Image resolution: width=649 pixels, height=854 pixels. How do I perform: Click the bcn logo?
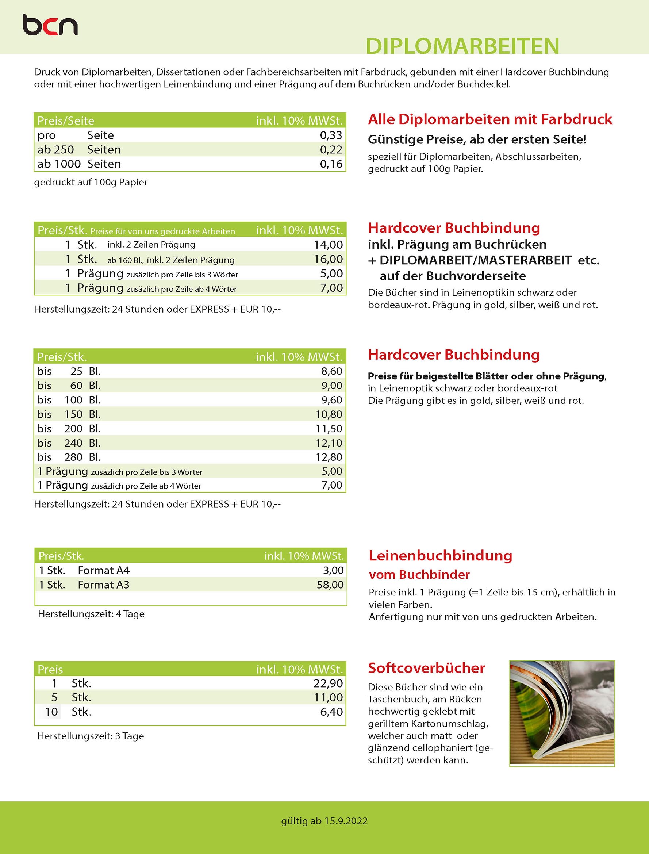tap(50, 25)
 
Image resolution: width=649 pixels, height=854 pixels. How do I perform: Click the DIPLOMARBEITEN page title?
tap(462, 46)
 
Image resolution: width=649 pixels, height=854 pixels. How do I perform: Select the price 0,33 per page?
tap(331, 135)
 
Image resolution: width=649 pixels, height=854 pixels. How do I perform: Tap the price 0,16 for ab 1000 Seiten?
tap(331, 164)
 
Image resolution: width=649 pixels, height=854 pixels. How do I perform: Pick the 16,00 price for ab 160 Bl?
tap(328, 259)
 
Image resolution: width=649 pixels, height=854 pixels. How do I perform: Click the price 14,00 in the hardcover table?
tap(328, 245)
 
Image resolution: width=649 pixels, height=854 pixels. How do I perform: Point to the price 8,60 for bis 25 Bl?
tap(331, 371)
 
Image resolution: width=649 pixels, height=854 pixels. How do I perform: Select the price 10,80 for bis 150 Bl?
tap(329, 414)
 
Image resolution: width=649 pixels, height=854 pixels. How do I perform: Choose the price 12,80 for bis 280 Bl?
tap(329, 457)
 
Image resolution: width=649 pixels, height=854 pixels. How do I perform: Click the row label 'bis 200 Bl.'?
tap(69, 429)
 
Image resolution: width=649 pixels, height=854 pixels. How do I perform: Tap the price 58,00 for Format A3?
tap(330, 585)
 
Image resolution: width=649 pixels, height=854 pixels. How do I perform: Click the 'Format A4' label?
tap(104, 570)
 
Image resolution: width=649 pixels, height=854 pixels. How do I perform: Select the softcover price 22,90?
tap(328, 683)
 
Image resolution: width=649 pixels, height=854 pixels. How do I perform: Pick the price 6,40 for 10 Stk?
tap(331, 712)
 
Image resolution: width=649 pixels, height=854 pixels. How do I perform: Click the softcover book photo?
tap(562, 713)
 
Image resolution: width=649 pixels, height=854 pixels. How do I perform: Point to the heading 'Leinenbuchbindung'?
tap(440, 556)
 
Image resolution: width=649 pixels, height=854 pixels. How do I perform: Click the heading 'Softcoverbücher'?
tap(426, 668)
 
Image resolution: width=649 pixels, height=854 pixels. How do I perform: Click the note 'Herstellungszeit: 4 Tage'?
tap(91, 614)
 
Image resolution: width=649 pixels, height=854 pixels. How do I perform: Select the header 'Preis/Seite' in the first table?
tap(66, 121)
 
